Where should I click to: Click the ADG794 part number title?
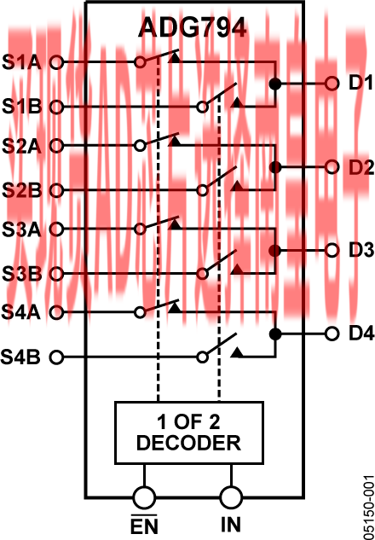[x=193, y=28]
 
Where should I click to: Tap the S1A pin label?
[x=21, y=63]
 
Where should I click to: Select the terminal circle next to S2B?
[x=56, y=190]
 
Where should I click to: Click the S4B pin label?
[x=20, y=357]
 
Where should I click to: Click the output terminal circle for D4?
[x=332, y=334]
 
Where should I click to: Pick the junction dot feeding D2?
[x=274, y=168]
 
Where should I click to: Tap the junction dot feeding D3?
[x=274, y=251]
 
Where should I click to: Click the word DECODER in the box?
[x=189, y=443]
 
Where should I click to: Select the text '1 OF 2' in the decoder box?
[x=188, y=422]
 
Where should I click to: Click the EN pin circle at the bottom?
[x=144, y=497]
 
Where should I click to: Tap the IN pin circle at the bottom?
[x=231, y=497]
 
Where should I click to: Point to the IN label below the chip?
[x=231, y=525]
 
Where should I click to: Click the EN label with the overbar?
[x=144, y=525]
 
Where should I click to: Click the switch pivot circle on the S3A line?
[x=140, y=229]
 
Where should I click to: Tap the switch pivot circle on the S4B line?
[x=203, y=357]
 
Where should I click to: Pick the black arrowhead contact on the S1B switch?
[x=236, y=102]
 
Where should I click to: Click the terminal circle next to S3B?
[x=56, y=274]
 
